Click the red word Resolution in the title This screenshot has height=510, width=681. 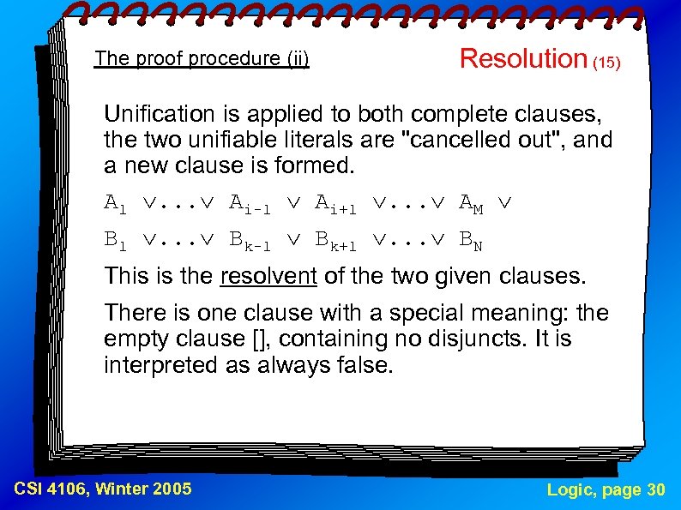(522, 58)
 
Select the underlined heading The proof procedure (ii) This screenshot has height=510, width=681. (202, 58)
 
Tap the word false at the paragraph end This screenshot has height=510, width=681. (365, 365)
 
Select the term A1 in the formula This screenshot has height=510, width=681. (116, 204)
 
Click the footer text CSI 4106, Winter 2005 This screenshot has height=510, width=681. (103, 489)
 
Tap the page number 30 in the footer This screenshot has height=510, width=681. (654, 489)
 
